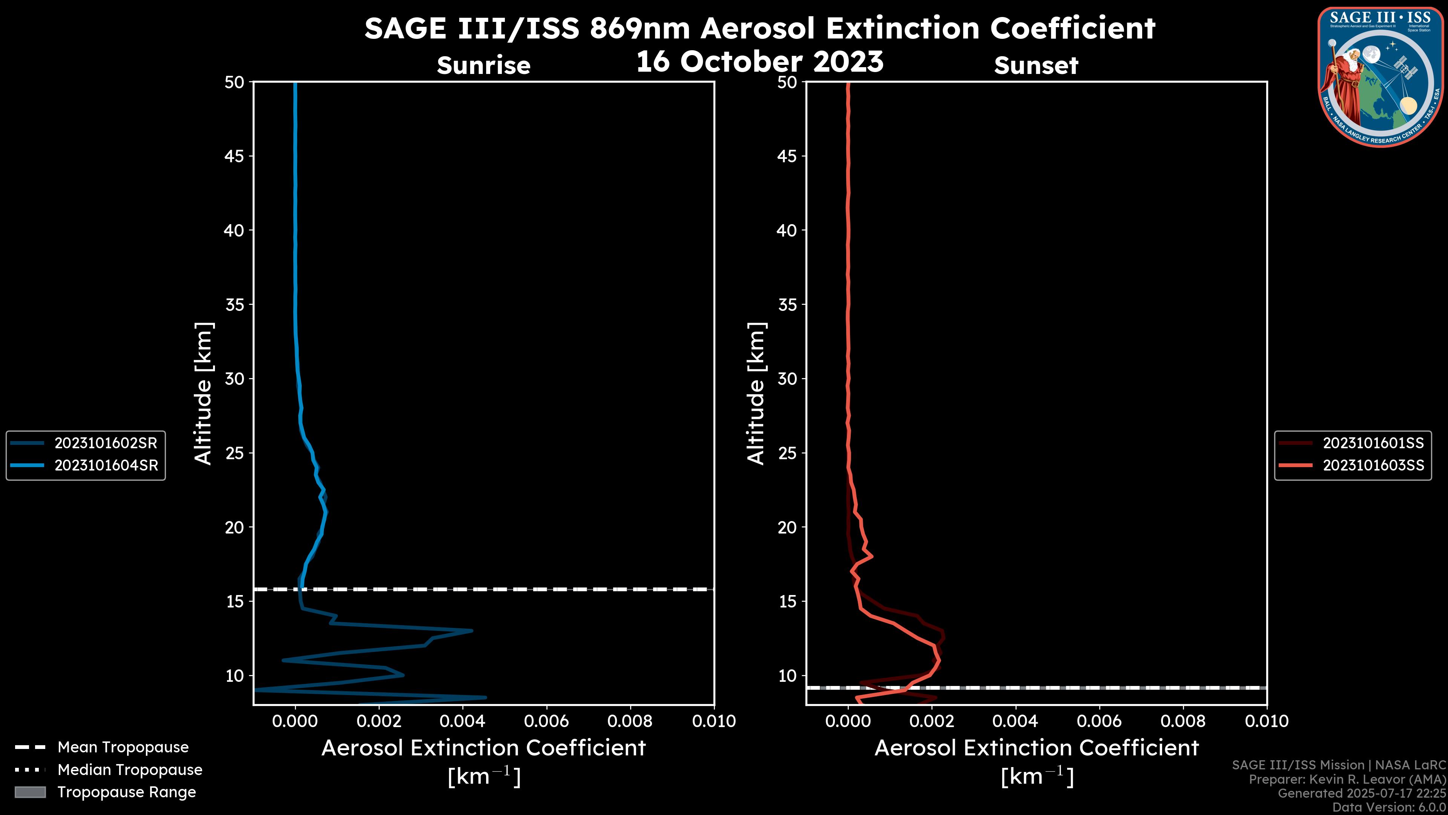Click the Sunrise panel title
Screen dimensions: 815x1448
coord(483,66)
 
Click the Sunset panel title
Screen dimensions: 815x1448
coord(1036,66)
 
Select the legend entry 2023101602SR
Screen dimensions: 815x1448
coord(106,443)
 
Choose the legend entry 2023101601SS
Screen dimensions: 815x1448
coord(1373,443)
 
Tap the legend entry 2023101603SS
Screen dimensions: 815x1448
coord(1373,466)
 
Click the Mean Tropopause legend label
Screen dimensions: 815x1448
coord(123,747)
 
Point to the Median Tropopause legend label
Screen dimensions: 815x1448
coord(130,770)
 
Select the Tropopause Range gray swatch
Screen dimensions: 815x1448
coord(30,792)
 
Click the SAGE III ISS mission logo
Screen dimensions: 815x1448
coord(1380,77)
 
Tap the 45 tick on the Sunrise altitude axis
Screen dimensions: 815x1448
coord(235,156)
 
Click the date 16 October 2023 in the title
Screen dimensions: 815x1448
coord(759,61)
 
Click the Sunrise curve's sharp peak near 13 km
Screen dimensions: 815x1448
coord(471,630)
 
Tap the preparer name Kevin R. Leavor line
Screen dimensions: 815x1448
coord(1347,780)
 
